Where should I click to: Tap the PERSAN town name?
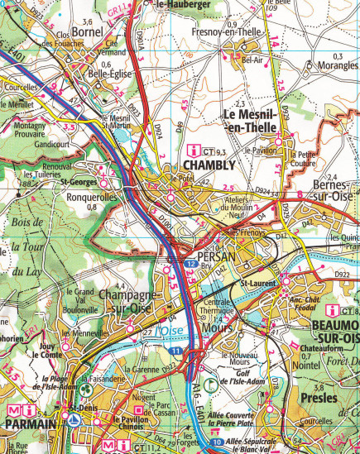217,257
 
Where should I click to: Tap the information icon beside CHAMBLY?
195,150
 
